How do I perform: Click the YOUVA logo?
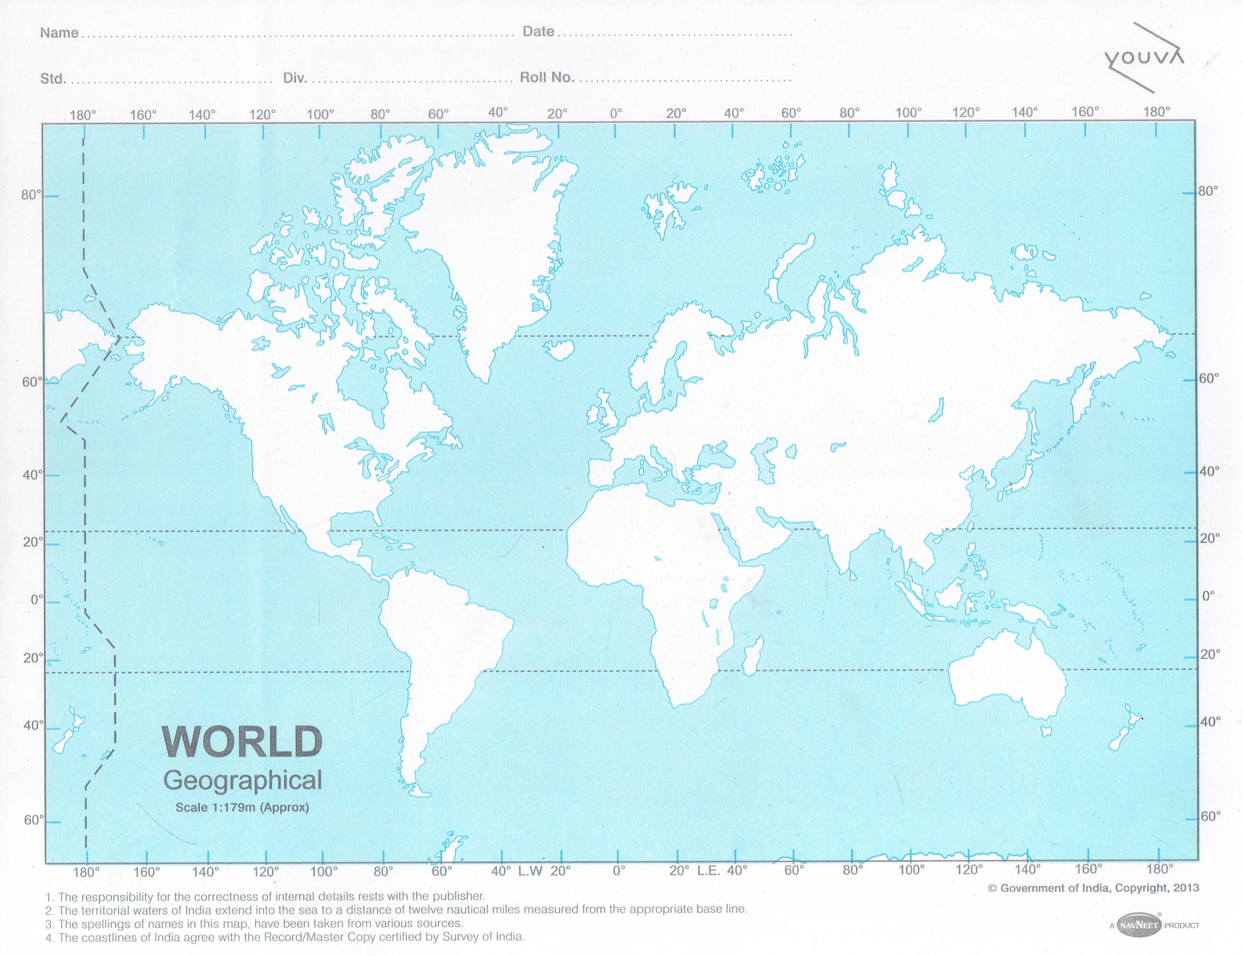1143,58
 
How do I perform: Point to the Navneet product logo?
1139,925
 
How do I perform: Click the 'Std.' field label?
53,78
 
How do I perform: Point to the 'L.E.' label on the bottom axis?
709,871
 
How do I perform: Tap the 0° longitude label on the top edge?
616,113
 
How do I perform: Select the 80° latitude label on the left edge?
32,195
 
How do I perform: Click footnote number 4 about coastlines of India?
284,937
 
